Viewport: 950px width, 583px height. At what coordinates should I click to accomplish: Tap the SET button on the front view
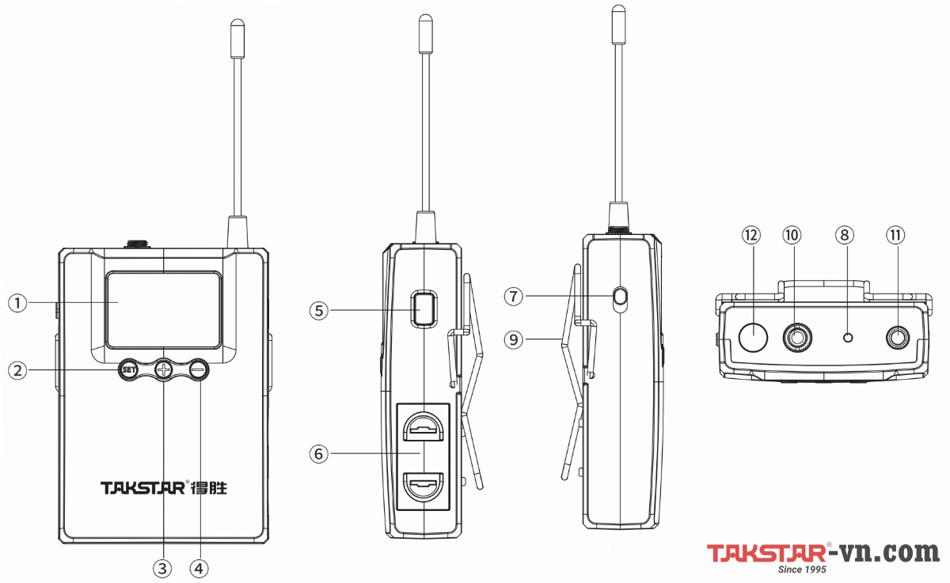[x=128, y=369]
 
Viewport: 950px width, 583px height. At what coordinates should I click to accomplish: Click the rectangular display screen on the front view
[x=164, y=309]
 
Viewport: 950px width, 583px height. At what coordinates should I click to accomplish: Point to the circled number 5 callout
[x=319, y=311]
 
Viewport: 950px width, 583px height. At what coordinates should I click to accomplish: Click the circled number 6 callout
[x=319, y=453]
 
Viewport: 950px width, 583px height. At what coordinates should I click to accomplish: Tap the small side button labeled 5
[x=424, y=309]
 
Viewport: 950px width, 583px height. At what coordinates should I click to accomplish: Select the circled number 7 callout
[x=515, y=297]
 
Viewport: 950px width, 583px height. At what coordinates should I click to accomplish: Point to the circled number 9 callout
[x=515, y=339]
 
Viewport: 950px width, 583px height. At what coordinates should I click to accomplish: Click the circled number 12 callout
[x=750, y=235]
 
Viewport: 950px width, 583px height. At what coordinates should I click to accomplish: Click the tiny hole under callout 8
[x=849, y=338]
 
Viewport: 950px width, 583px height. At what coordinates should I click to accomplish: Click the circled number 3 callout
[x=163, y=568]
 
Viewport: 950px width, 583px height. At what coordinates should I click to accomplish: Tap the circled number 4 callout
[x=199, y=568]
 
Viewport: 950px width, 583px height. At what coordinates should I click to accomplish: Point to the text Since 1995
[x=803, y=570]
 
